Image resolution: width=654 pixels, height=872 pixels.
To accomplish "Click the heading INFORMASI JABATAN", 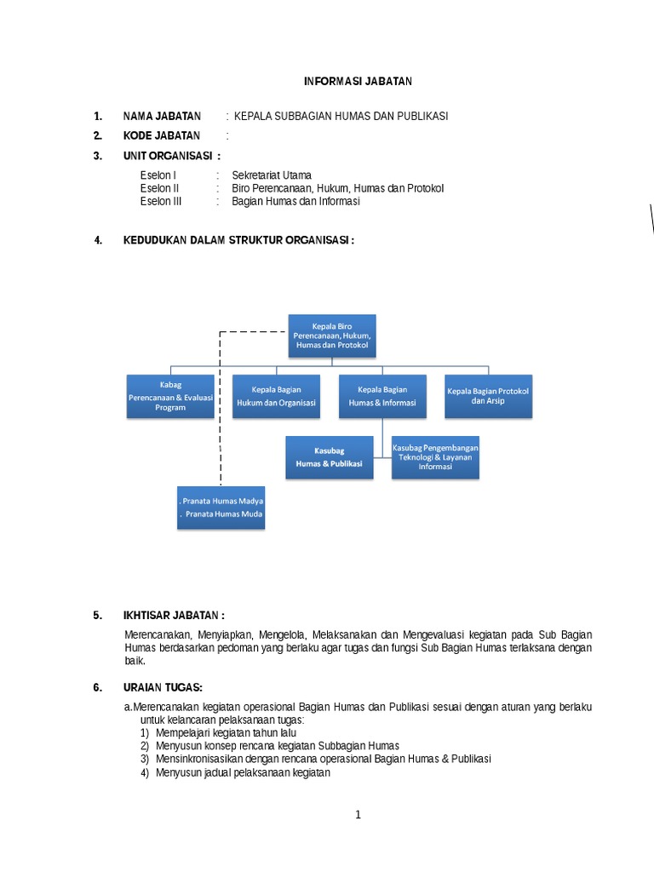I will [358, 81].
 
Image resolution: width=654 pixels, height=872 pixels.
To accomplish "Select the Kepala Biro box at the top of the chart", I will [332, 336].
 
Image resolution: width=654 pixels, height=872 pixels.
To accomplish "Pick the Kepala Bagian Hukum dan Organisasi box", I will [276, 396].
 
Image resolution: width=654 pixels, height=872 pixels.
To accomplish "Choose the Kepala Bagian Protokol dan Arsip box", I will [488, 396].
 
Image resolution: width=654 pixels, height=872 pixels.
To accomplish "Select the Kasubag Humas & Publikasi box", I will [329, 456].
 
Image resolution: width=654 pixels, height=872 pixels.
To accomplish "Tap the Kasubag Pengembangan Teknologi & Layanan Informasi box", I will [435, 456].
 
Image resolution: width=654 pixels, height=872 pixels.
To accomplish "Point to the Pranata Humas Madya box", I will [221, 508].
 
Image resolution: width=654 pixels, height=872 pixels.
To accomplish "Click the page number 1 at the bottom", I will [359, 814].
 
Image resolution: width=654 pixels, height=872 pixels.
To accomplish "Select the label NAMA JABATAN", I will [162, 116].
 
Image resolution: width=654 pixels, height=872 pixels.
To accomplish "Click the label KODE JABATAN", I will [162, 135].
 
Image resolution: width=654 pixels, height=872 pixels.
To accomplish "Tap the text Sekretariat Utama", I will [272, 175].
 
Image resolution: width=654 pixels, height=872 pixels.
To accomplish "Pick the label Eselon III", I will [161, 202].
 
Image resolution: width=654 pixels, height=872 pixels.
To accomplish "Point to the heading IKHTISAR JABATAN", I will [174, 615].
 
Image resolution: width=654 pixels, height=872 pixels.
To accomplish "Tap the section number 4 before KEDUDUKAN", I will [98, 240].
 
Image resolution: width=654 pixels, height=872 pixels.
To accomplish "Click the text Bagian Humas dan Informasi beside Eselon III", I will [295, 202].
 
